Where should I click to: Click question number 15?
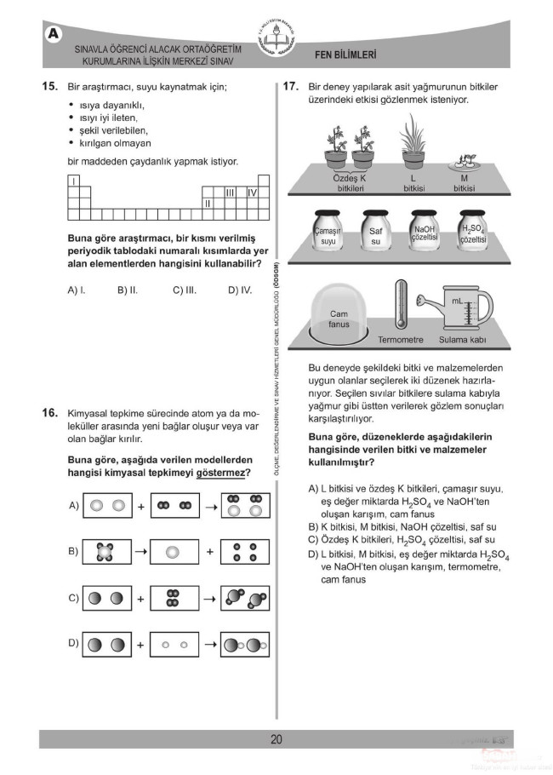pyautogui.click(x=48, y=87)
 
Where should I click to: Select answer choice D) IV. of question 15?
pyautogui.click(x=240, y=290)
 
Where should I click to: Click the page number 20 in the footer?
pyautogui.click(x=276, y=739)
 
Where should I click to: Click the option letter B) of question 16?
pyautogui.click(x=74, y=551)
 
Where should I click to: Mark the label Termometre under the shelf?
pyautogui.click(x=401, y=340)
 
